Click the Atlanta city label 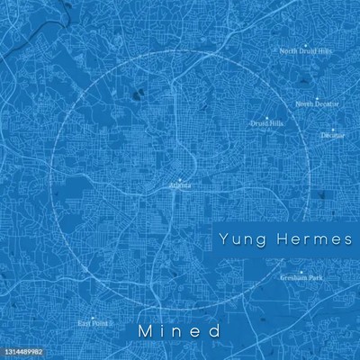tap(180, 185)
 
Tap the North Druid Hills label tap(306, 51)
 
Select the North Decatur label tap(317, 104)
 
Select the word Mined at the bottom tap(180, 331)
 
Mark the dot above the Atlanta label tap(180, 178)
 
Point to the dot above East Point tap(91, 316)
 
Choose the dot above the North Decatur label tap(317, 97)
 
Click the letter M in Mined tap(145, 331)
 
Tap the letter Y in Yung tap(223, 239)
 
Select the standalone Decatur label tap(332, 136)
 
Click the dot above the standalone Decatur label tap(332, 129)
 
